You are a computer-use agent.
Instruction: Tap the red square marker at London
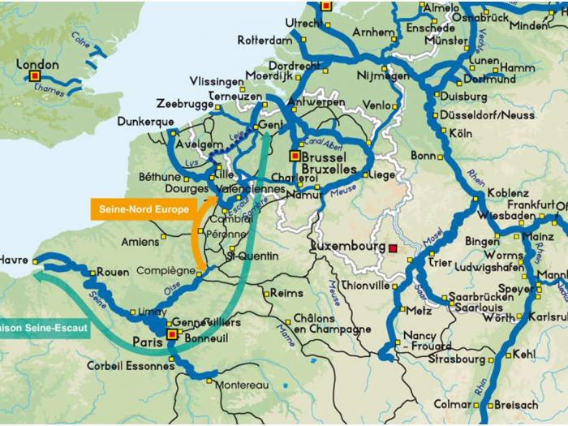[35, 76]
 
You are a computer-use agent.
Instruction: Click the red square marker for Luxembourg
[394, 248]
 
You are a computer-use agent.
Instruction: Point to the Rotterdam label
[265, 40]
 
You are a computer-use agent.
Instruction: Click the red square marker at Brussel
[295, 155]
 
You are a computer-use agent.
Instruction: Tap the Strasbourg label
[457, 359]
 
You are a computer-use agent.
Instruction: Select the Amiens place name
[140, 241]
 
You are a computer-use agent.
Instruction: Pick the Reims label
[286, 293]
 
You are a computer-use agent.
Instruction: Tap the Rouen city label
[113, 273]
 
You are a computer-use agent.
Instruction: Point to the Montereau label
[241, 385]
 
